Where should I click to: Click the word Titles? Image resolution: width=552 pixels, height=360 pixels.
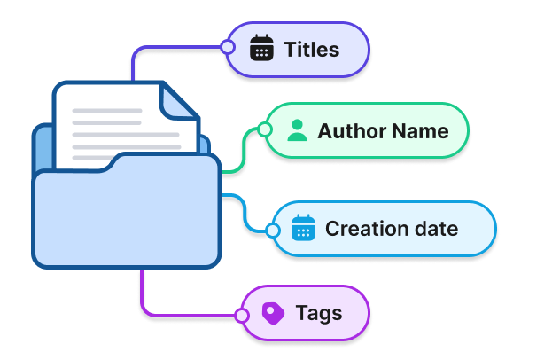click(x=311, y=50)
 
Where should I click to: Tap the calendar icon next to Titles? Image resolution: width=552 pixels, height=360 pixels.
click(x=261, y=49)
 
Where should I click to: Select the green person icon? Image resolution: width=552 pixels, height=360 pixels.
click(x=298, y=131)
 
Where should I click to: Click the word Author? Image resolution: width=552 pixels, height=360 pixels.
click(x=346, y=131)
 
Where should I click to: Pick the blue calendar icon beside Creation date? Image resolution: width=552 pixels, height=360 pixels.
click(x=303, y=229)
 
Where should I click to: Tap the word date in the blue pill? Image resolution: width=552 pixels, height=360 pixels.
click(x=435, y=229)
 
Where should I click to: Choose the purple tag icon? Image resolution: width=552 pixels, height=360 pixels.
click(x=273, y=313)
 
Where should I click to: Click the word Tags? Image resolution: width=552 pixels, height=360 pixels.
click(x=319, y=313)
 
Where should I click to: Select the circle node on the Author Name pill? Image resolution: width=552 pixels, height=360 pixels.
click(x=263, y=131)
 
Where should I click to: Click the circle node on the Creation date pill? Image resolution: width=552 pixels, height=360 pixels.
click(x=273, y=231)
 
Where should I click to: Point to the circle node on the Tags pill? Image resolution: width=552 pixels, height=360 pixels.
click(x=242, y=315)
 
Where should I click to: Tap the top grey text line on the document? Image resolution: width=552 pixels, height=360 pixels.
click(x=106, y=112)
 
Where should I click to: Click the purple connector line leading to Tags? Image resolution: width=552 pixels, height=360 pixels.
click(x=142, y=293)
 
